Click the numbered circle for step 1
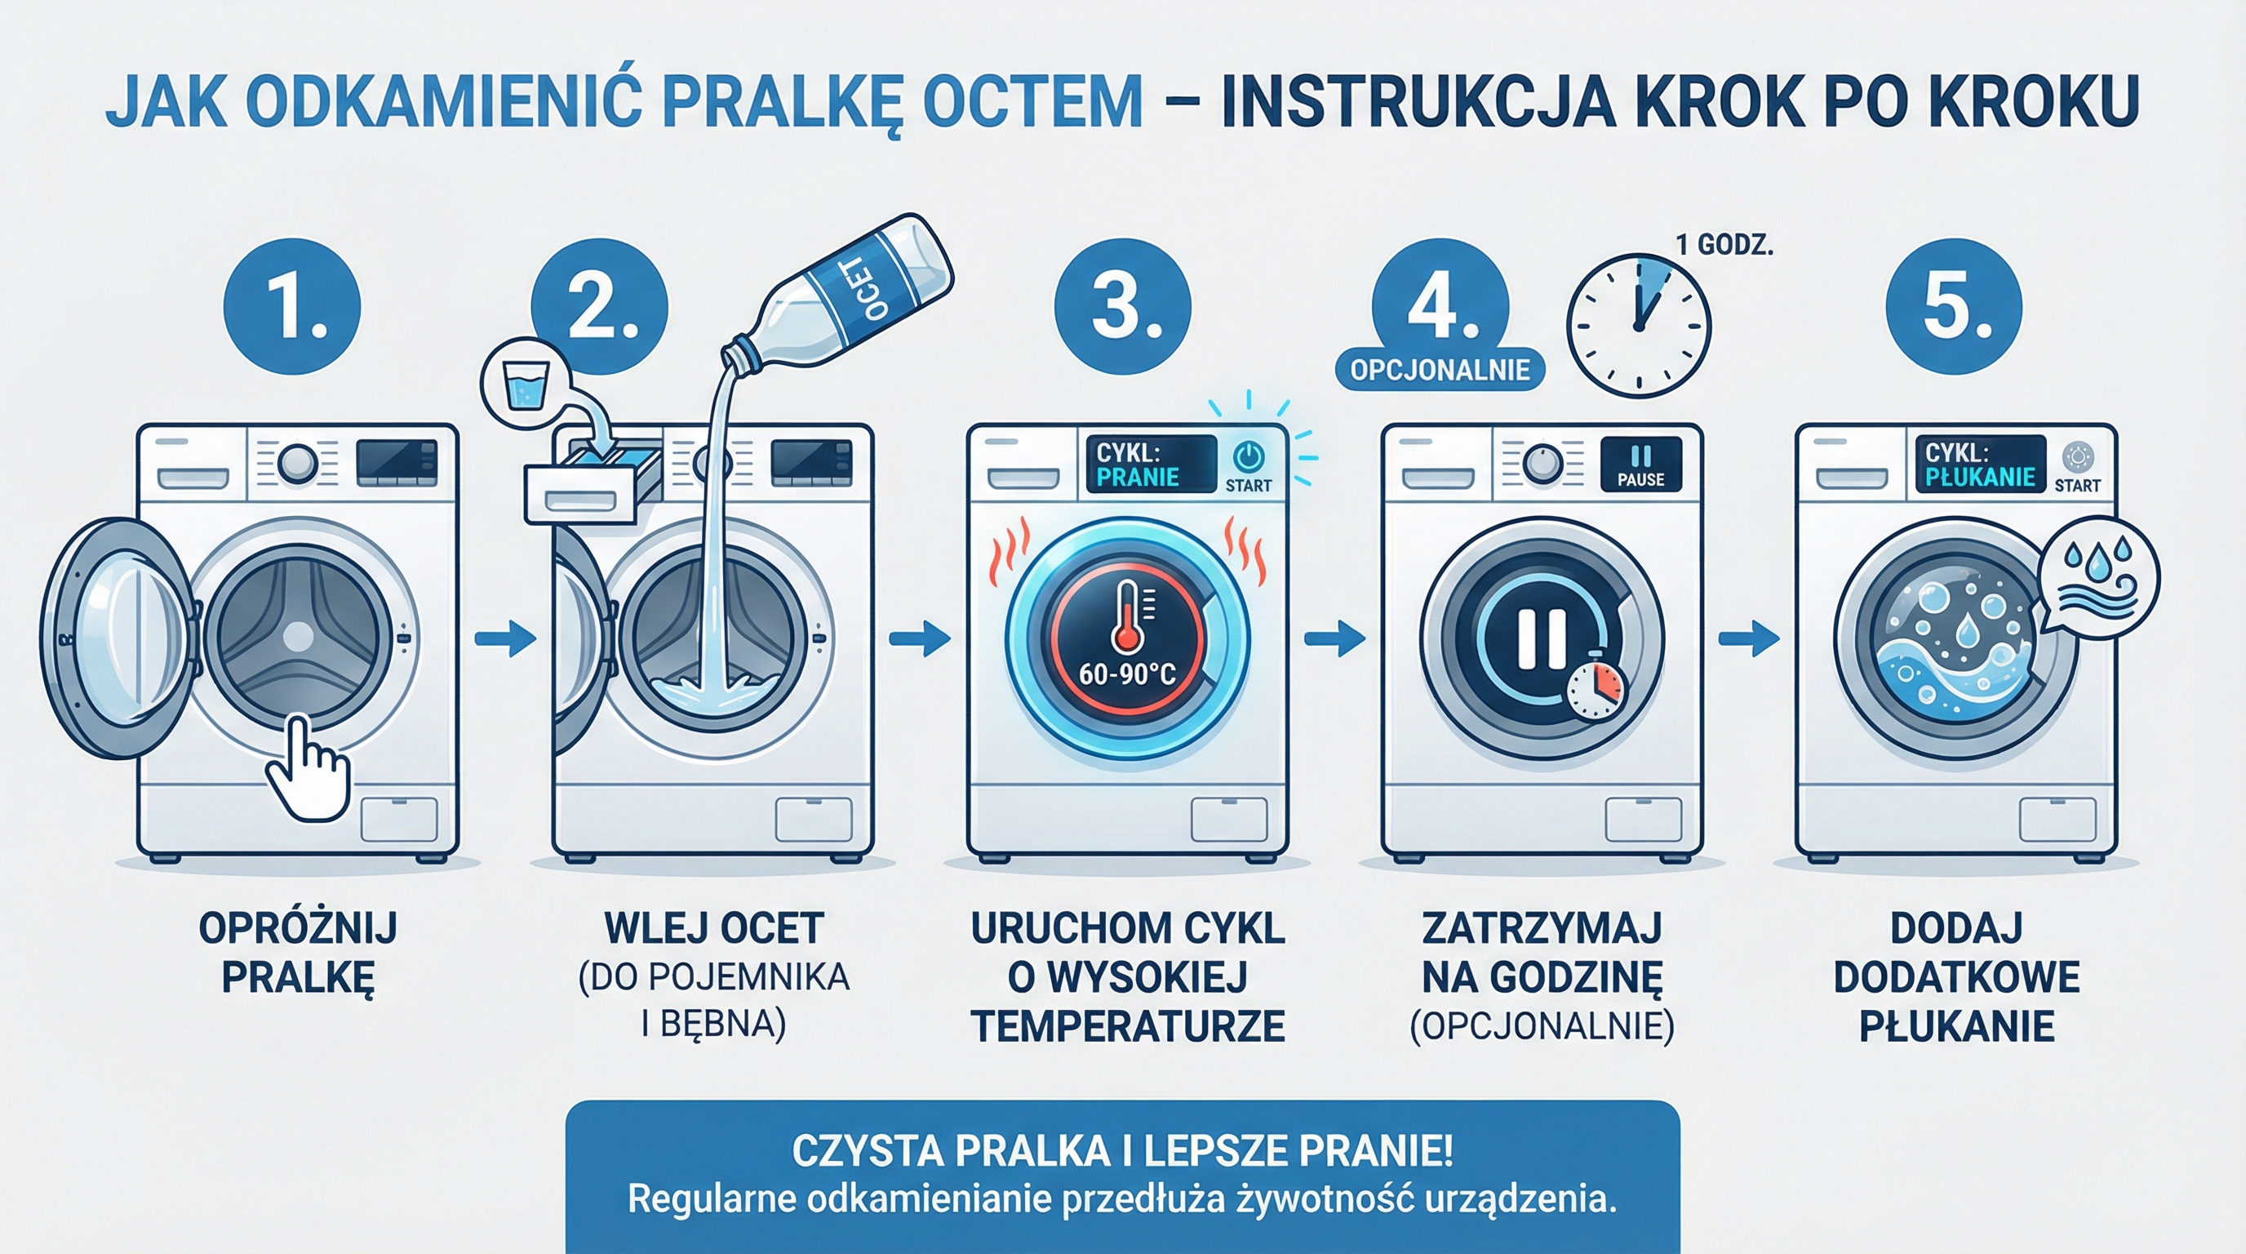(292, 307)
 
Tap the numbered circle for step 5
(1954, 307)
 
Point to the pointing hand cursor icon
(307, 767)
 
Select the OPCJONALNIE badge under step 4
(1440, 370)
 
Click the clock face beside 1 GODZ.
(1638, 326)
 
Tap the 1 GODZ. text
(1724, 246)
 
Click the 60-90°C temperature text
(1127, 674)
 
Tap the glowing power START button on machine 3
(1248, 457)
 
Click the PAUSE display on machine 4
(1640, 465)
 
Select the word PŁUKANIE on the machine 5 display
(1980, 477)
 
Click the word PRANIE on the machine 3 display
(1137, 477)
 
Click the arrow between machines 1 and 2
(506, 639)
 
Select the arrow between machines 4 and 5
(1748, 639)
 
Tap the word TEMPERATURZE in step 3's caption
(1127, 1026)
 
